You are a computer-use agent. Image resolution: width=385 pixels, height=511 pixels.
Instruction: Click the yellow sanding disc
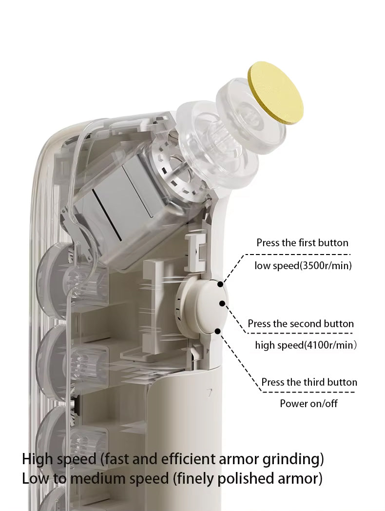(275, 93)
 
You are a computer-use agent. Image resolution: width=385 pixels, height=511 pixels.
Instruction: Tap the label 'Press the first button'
(302, 243)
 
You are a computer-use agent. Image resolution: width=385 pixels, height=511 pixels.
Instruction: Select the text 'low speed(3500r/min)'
(303, 266)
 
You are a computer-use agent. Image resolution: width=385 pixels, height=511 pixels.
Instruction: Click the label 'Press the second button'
(301, 324)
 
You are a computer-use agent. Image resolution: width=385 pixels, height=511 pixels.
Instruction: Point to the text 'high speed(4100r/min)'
(306, 345)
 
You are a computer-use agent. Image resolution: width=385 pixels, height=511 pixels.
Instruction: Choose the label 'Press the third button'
(309, 382)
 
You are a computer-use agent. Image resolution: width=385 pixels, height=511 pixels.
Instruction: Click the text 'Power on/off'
(308, 403)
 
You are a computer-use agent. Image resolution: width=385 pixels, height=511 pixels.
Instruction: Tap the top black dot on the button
(220, 284)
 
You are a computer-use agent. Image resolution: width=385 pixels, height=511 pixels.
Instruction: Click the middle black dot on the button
(222, 303)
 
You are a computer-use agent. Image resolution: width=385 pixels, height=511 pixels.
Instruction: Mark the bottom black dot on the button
(218, 331)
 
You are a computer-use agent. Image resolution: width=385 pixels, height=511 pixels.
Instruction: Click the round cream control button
(211, 307)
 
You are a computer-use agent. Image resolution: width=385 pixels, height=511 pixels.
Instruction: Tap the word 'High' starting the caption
(37, 459)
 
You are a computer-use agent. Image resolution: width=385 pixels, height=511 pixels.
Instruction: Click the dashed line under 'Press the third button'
(308, 392)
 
